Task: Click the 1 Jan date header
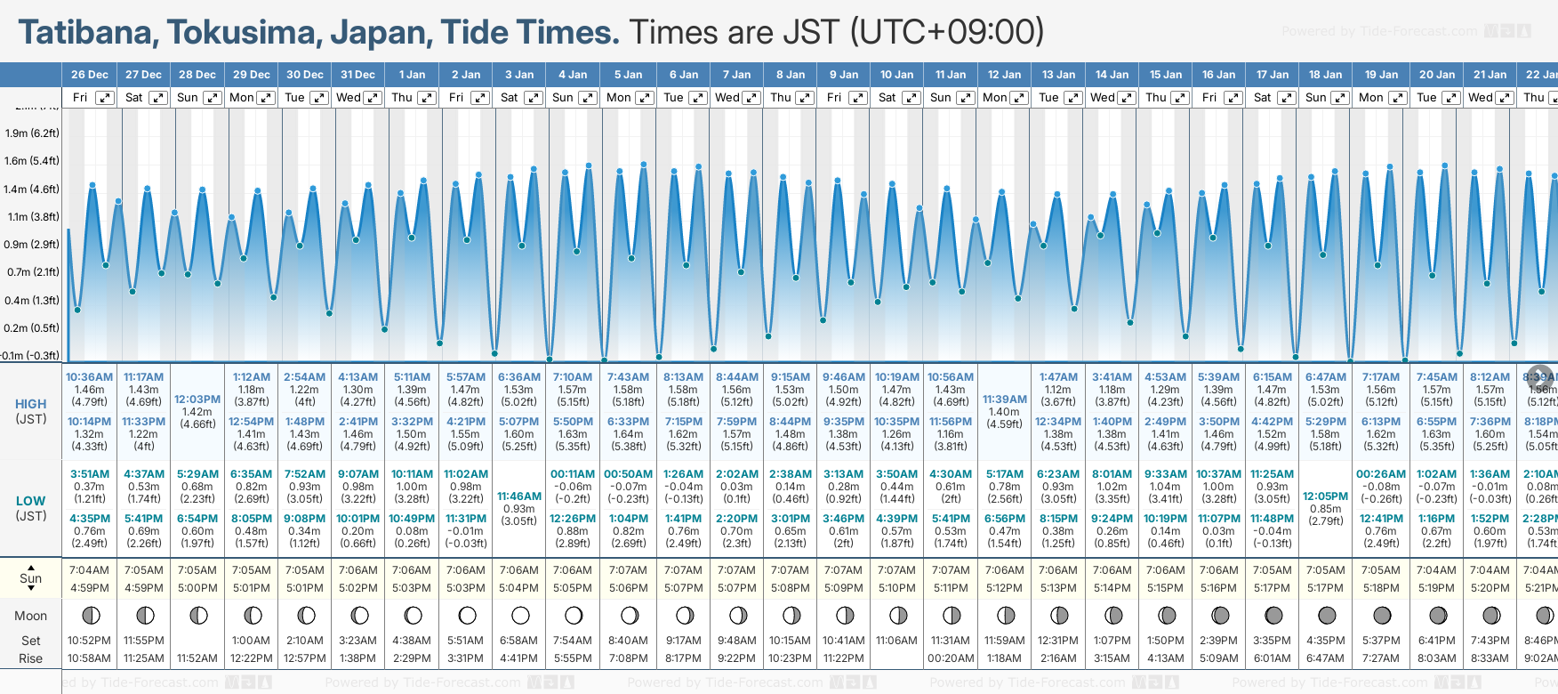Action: [x=412, y=75]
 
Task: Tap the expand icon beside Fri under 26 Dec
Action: [x=105, y=98]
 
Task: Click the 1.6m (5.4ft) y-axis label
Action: [x=32, y=161]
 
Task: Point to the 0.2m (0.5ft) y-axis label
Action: [x=32, y=327]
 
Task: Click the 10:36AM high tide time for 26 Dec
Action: [x=89, y=377]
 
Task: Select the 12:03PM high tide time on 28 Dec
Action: [x=197, y=399]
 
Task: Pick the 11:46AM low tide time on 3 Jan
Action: [x=519, y=496]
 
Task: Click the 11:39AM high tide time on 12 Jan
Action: [x=1004, y=399]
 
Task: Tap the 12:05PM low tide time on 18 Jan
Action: [x=1325, y=496]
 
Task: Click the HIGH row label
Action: [x=30, y=404]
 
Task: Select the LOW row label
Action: [x=30, y=501]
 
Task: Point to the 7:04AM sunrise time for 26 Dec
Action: [x=89, y=570]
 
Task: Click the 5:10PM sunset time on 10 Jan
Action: [x=896, y=588]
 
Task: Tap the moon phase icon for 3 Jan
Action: [x=520, y=616]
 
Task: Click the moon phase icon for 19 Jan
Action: [x=1382, y=616]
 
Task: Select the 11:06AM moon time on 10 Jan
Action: [x=896, y=641]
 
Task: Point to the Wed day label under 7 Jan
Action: [x=727, y=98]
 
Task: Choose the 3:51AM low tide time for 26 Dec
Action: [x=89, y=474]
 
